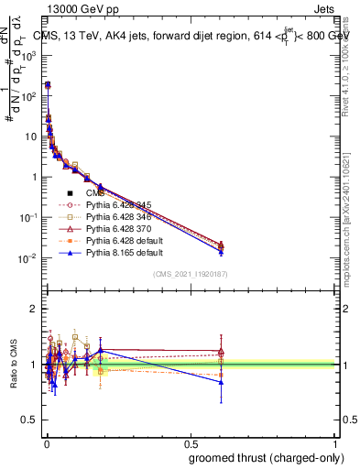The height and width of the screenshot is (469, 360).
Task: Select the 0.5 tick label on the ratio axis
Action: point(28,420)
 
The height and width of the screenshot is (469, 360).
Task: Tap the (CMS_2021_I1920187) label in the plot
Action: point(191,275)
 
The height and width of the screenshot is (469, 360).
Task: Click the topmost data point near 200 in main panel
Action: point(48,84)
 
